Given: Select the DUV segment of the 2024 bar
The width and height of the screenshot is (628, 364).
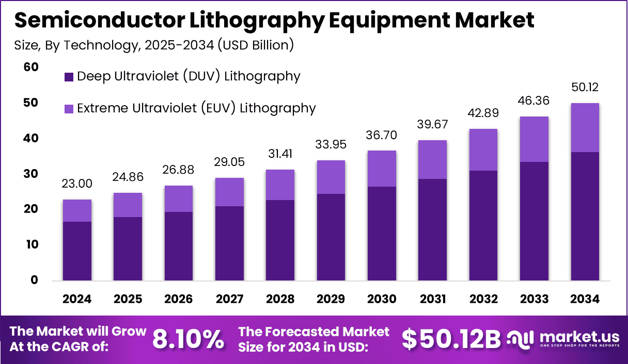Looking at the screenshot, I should pos(77,251).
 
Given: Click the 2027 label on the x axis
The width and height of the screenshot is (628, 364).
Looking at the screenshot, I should pos(229,300).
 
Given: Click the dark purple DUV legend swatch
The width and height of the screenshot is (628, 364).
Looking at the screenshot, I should pos(69,77).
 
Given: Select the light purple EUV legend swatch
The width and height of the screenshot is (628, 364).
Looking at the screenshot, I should pos(69,109).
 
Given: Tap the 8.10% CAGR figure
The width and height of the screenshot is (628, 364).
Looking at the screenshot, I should pos(188,339).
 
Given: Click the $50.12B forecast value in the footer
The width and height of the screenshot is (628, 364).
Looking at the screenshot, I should pos(451,339).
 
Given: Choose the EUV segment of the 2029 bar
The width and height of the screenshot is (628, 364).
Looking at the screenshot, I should pos(331,177).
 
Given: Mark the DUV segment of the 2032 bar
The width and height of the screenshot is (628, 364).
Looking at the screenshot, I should pos(483,225).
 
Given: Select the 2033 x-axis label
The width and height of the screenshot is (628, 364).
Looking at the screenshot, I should pos(533,300).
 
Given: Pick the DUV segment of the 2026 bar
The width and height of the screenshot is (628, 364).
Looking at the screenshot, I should pos(179,246).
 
